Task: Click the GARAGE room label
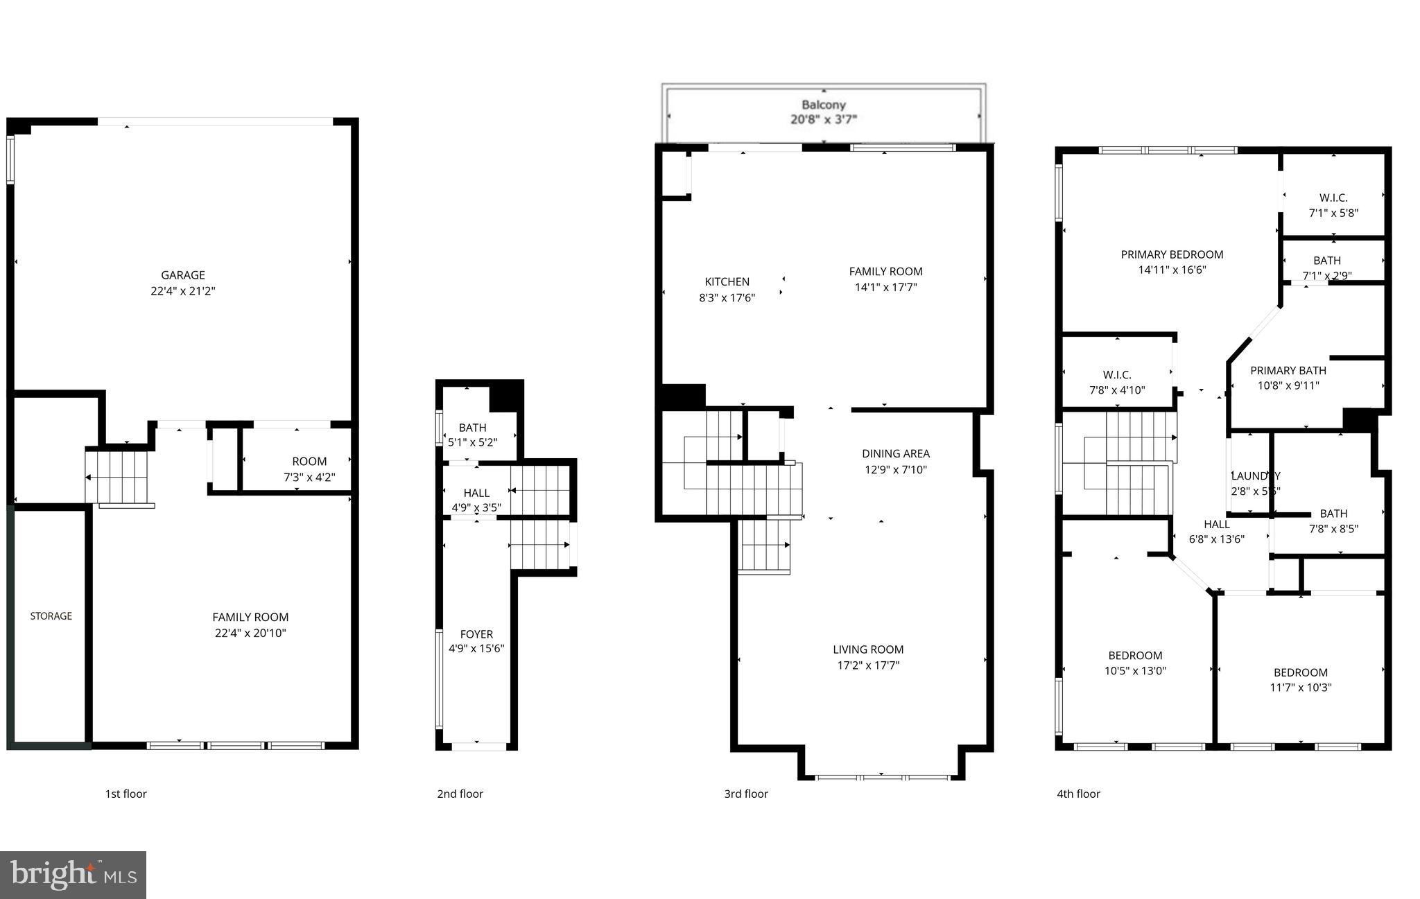pyautogui.click(x=183, y=275)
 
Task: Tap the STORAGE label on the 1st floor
pyautogui.click(x=51, y=616)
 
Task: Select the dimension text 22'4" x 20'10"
pyautogui.click(x=250, y=633)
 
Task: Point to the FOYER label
pyautogui.click(x=476, y=634)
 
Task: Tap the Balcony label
pyautogui.click(x=824, y=105)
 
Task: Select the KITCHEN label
pyautogui.click(x=727, y=282)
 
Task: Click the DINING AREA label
pyautogui.click(x=896, y=454)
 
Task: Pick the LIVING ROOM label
pyautogui.click(x=868, y=650)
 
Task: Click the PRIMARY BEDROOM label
pyautogui.click(x=1172, y=255)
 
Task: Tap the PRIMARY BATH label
pyautogui.click(x=1288, y=371)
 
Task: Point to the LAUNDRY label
pyautogui.click(x=1255, y=476)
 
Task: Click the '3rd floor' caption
pyautogui.click(x=746, y=794)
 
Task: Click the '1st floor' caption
pyautogui.click(x=125, y=794)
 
